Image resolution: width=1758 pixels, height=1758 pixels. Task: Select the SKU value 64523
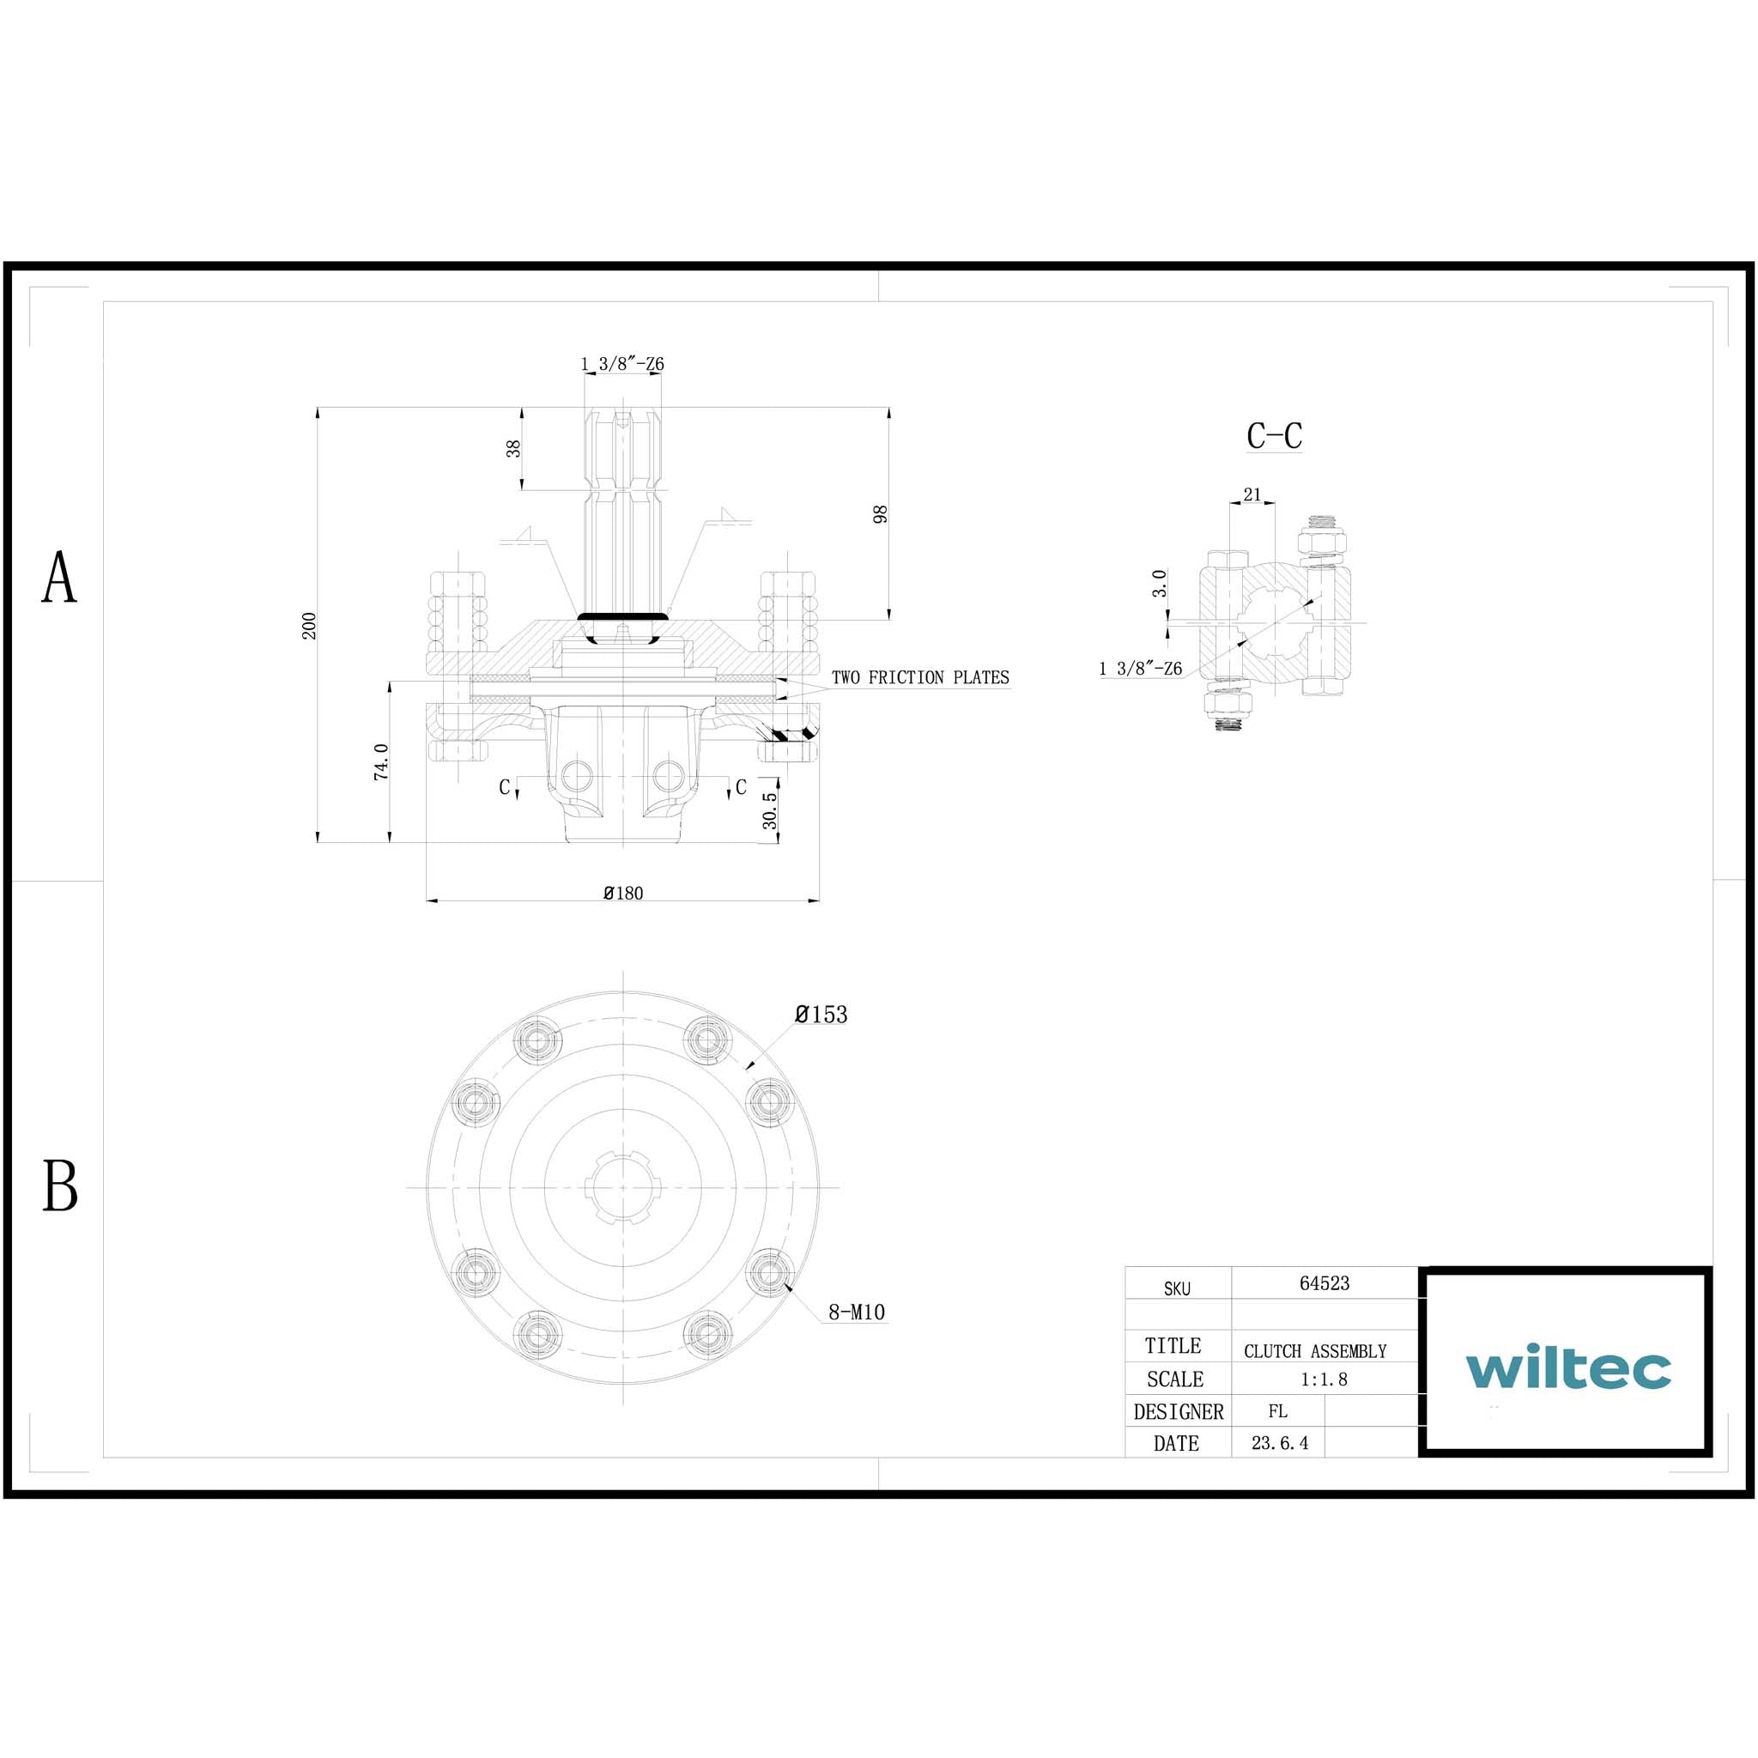1324,1283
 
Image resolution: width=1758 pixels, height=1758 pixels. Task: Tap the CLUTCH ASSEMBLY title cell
1315,1351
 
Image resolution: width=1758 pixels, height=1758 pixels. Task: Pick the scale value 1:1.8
1323,1379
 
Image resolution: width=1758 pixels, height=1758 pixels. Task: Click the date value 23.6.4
1279,1443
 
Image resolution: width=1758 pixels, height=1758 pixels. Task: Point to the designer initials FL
1277,1411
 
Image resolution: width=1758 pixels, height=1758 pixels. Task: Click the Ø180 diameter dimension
623,894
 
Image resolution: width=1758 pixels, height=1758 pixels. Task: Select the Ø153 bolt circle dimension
821,1015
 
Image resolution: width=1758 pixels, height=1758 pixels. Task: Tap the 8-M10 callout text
856,1312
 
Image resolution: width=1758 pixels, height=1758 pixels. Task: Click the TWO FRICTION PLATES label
920,678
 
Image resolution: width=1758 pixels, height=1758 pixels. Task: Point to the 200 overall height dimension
309,626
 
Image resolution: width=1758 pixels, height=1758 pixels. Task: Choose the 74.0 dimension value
381,761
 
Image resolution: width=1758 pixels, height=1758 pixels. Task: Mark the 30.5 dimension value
770,810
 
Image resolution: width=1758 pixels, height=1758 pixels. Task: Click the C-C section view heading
1274,436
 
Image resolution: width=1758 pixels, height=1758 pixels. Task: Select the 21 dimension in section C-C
1252,494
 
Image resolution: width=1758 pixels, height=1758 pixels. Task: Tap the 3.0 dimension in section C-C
1159,583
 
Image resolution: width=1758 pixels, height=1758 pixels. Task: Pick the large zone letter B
60,1185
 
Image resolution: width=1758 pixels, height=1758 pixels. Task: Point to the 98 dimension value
880,514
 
